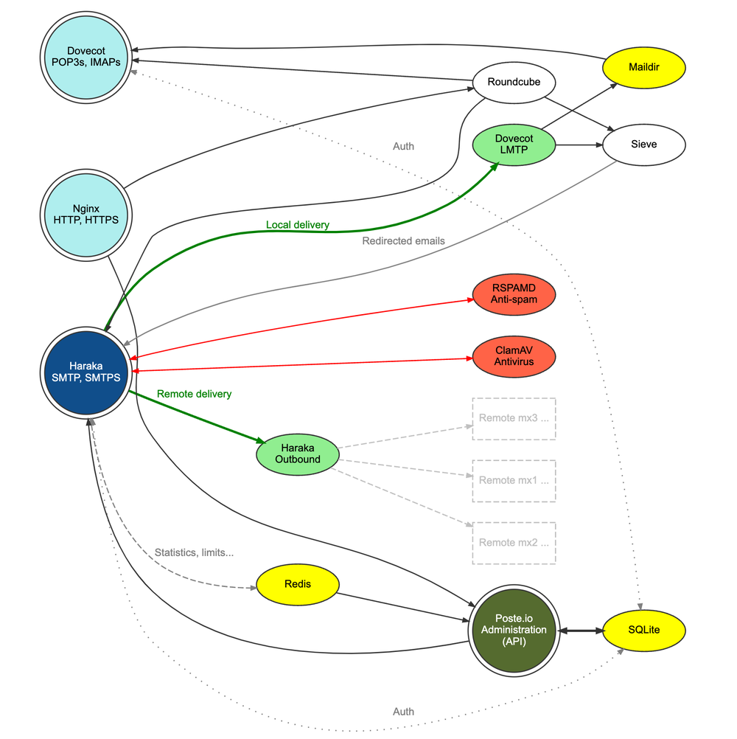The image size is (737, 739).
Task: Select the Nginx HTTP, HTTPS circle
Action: click(x=86, y=214)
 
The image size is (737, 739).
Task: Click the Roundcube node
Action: click(x=514, y=82)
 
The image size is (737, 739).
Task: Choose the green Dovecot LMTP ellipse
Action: click(x=514, y=145)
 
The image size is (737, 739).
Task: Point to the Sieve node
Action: click(x=644, y=145)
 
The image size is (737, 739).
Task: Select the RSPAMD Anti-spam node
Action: click(x=514, y=294)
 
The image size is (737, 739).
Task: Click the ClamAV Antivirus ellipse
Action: click(x=514, y=356)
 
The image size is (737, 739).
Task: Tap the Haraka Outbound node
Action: click(x=298, y=454)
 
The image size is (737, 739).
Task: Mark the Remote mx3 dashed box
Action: click(x=514, y=418)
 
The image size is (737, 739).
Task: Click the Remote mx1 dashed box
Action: click(x=514, y=480)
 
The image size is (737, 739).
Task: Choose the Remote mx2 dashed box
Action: click(x=514, y=543)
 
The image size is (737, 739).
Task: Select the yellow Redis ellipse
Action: click(x=298, y=584)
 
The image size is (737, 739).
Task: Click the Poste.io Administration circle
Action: click(x=514, y=631)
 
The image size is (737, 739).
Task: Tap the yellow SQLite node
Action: click(x=644, y=631)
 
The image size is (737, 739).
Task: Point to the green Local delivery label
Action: click(x=298, y=224)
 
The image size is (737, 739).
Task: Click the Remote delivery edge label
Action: click(x=194, y=394)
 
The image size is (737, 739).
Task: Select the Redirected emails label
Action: click(x=404, y=240)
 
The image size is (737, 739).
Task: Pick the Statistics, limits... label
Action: click(x=199, y=552)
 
